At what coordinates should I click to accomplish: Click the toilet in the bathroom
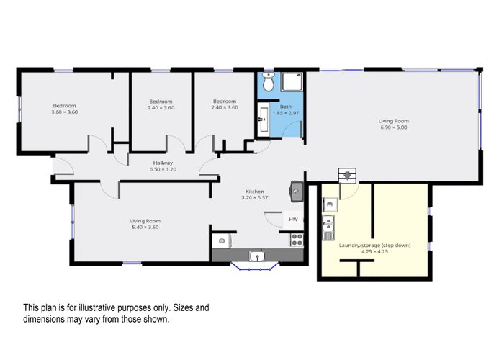point(268,81)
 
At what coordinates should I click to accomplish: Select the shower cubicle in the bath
point(292,81)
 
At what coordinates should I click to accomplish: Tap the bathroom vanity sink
point(264,120)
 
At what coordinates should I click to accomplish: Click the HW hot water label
point(293,220)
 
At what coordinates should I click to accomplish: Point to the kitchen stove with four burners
point(297,240)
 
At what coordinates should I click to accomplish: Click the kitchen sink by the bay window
point(257,256)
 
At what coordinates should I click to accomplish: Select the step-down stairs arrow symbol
point(348,176)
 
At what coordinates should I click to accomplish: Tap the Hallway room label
point(163,163)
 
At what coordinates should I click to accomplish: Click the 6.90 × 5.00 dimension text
point(394,127)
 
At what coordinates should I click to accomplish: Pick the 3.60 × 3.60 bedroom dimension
point(65,112)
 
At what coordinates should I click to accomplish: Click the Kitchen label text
point(255,192)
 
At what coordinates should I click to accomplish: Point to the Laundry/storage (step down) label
point(375,246)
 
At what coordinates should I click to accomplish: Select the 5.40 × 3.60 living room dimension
point(145,227)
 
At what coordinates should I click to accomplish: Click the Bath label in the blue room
point(286,107)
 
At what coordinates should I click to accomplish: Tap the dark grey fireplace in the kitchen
point(297,192)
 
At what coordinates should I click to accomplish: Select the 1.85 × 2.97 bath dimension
point(286,113)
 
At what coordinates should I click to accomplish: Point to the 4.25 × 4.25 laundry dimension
point(375,252)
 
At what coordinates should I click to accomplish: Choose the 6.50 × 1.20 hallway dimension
point(163,169)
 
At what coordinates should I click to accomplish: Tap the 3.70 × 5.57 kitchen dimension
point(255,198)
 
